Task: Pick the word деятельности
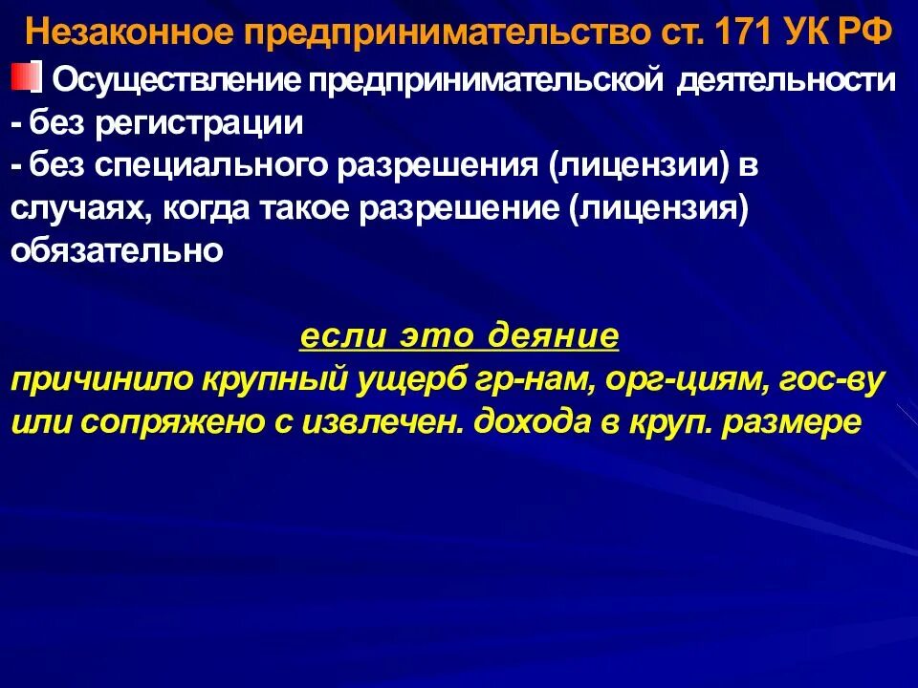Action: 786,80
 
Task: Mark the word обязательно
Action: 117,251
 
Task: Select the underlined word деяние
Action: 554,338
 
